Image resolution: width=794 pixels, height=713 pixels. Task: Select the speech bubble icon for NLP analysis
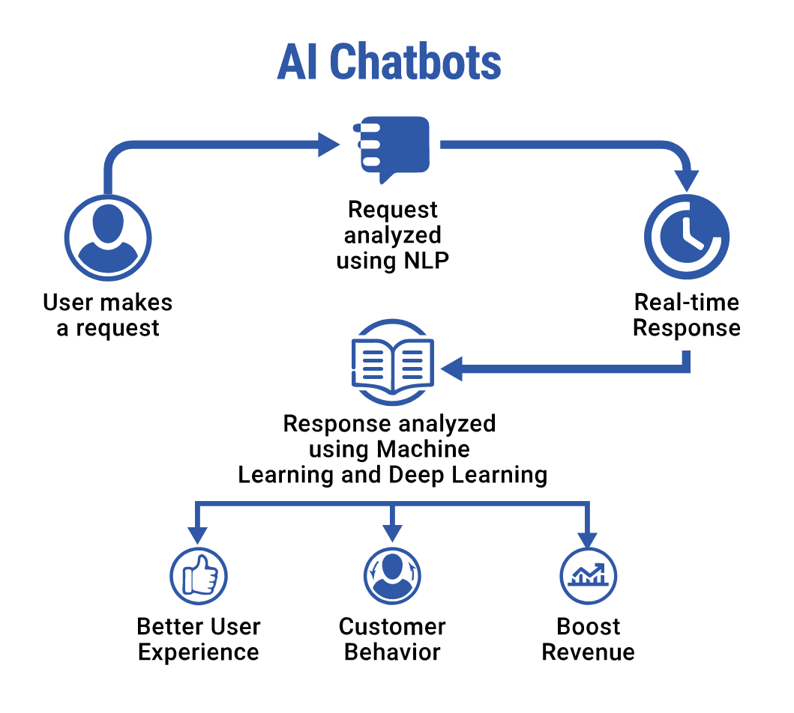pyautogui.click(x=392, y=148)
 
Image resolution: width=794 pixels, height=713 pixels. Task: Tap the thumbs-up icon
pyautogui.click(x=199, y=576)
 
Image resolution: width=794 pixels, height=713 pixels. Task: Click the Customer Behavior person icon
pyautogui.click(x=392, y=576)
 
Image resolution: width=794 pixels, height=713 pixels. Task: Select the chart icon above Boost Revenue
pyautogui.click(x=588, y=576)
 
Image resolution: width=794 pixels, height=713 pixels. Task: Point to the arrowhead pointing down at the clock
pyautogui.click(x=686, y=180)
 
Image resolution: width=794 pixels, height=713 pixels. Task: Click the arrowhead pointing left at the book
pyautogui.click(x=453, y=368)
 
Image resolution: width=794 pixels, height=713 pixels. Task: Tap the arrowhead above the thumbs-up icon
pyautogui.click(x=198, y=535)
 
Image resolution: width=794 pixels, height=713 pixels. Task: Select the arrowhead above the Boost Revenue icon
pyautogui.click(x=588, y=539)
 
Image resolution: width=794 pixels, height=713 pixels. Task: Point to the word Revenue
pyautogui.click(x=588, y=652)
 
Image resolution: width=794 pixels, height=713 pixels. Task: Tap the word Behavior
pyautogui.click(x=392, y=652)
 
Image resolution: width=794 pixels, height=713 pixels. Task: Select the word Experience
pyautogui.click(x=199, y=652)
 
